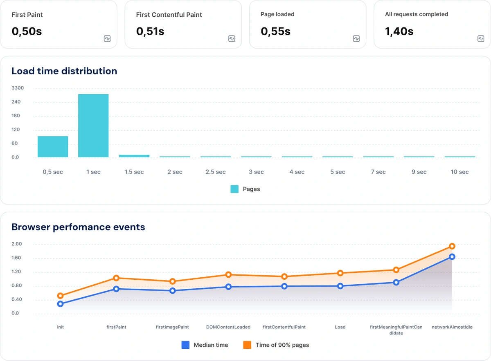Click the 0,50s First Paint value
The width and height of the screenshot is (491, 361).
pyautogui.click(x=27, y=31)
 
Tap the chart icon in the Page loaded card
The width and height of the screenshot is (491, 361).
pyautogui.click(x=356, y=39)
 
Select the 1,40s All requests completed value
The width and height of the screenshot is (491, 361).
pyautogui.click(x=399, y=31)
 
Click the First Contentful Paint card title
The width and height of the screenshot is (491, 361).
pyautogui.click(x=169, y=15)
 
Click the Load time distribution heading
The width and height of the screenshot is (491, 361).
pyautogui.click(x=64, y=71)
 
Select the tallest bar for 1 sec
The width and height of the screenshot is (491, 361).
pyautogui.click(x=93, y=126)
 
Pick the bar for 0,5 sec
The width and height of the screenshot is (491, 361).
pyautogui.click(x=53, y=147)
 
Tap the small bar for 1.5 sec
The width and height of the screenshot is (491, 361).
pyautogui.click(x=134, y=156)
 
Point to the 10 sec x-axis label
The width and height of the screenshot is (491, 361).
pyautogui.click(x=459, y=172)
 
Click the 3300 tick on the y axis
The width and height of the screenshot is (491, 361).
pyautogui.click(x=18, y=88)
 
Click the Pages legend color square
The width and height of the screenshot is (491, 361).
pyautogui.click(x=234, y=189)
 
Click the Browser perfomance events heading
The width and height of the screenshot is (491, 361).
pyautogui.click(x=78, y=227)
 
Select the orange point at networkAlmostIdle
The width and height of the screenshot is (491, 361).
pyautogui.click(x=452, y=246)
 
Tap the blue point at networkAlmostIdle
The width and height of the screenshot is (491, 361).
pyautogui.click(x=452, y=257)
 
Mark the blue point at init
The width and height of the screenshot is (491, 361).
pyautogui.click(x=61, y=304)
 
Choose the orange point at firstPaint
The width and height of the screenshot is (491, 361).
pyautogui.click(x=116, y=278)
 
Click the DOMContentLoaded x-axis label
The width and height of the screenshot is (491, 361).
pyautogui.click(x=228, y=327)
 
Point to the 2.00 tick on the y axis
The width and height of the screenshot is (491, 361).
pyautogui.click(x=17, y=244)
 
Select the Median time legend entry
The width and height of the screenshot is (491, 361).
pyautogui.click(x=205, y=345)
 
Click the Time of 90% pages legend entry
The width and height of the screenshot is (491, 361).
pyautogui.click(x=276, y=345)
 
